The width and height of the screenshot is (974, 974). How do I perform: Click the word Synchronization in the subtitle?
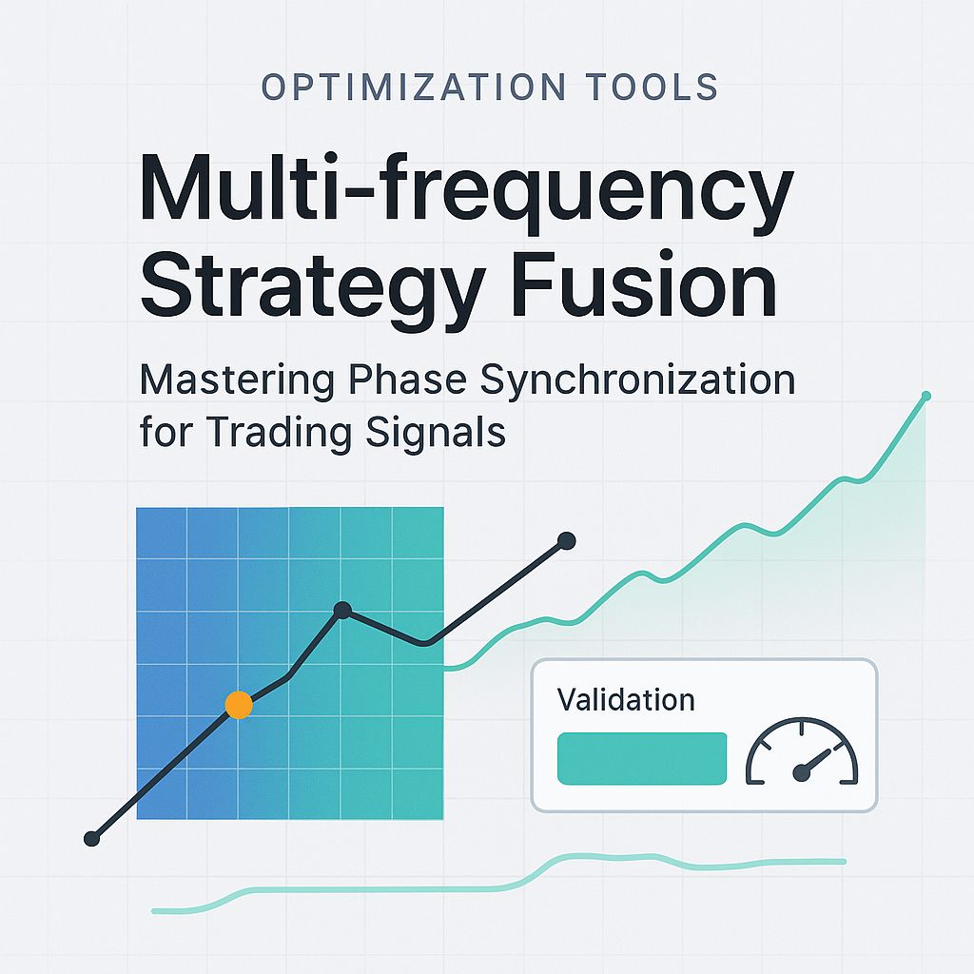click(x=637, y=380)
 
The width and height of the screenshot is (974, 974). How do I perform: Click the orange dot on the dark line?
click(x=238, y=705)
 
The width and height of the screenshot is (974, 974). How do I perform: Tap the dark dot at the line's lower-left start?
click(x=91, y=839)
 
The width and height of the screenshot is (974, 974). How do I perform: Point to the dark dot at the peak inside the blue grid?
click(x=342, y=610)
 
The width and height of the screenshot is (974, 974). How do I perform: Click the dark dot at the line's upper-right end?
click(x=566, y=541)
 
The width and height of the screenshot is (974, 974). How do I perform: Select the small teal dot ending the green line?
click(x=926, y=395)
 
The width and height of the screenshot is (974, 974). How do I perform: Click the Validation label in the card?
click(x=626, y=701)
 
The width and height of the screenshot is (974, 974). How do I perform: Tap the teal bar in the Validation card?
click(x=642, y=758)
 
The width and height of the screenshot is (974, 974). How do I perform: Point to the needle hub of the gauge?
click(x=801, y=774)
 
